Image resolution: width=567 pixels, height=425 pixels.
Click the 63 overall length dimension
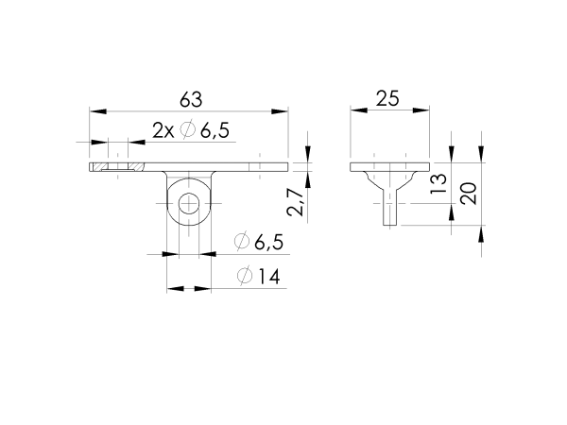(190, 99)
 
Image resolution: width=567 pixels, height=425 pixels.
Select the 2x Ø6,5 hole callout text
(190, 132)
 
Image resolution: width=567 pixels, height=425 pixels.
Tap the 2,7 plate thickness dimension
(295, 202)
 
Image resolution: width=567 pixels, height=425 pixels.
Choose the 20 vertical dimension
(467, 194)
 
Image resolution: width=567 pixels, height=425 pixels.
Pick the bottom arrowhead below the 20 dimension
(482, 233)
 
